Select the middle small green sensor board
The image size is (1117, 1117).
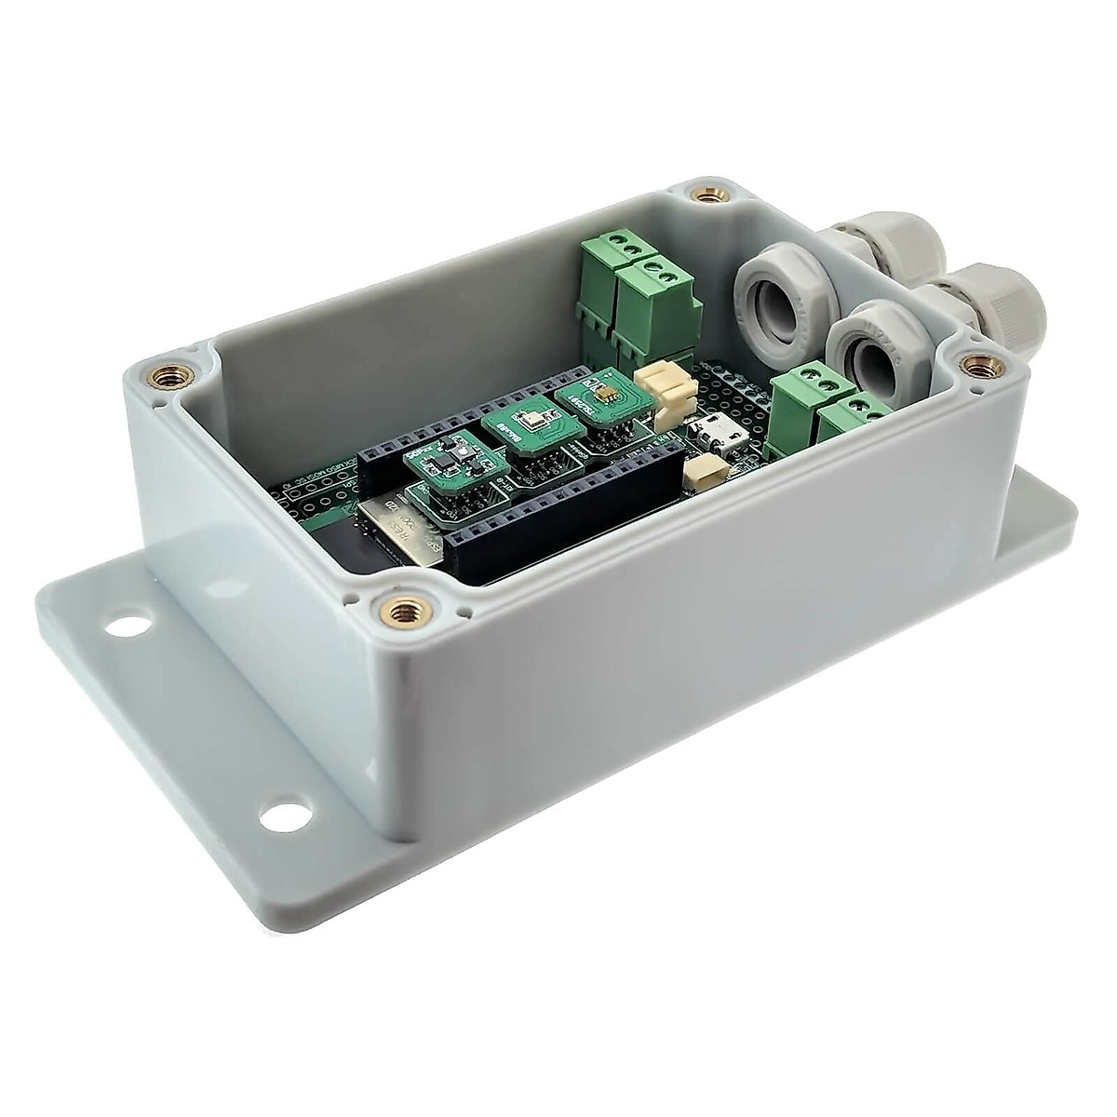click(515, 435)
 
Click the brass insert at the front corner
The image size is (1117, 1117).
click(402, 612)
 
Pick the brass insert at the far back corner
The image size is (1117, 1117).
click(700, 194)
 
